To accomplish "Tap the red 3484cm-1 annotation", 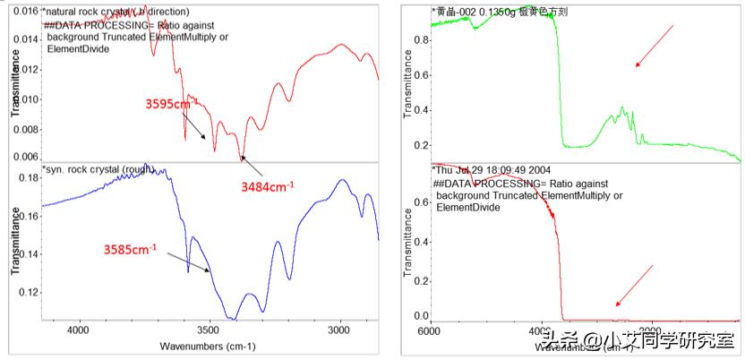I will click(268, 185).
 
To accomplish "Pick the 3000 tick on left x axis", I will click(338, 330).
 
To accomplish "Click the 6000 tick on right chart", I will click(431, 330).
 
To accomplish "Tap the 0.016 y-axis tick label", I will click(23, 12).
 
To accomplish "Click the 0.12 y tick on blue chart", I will click(27, 293).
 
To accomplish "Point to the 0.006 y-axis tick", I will click(23, 157).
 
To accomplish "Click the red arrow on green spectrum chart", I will click(655, 46).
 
